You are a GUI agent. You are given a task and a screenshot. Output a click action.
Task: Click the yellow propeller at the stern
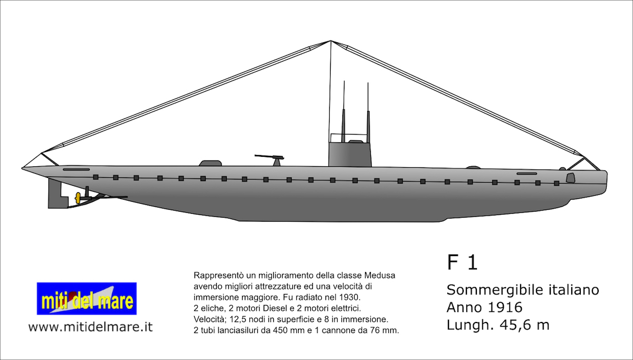[x=78, y=198]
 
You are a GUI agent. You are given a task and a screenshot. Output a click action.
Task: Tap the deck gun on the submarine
[x=271, y=159]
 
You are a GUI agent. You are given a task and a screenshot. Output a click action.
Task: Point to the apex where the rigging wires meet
[x=331, y=41]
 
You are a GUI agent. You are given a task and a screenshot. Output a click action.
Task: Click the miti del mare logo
[x=87, y=298]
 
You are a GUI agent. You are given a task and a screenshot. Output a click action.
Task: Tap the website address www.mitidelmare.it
[x=90, y=327]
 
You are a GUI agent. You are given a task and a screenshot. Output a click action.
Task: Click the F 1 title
[x=462, y=262]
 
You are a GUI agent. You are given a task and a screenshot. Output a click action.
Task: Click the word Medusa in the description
[x=379, y=275]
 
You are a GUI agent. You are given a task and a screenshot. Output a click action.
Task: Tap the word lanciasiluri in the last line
[x=236, y=330]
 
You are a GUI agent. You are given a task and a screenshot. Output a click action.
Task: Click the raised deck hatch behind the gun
[x=210, y=163]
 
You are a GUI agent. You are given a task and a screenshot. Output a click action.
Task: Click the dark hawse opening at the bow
[x=571, y=178]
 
